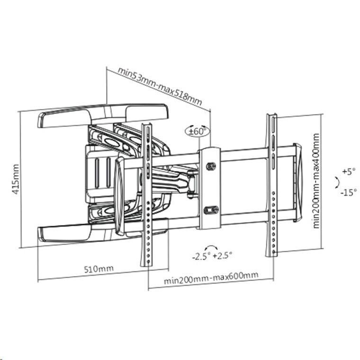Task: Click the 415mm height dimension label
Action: click(x=16, y=179)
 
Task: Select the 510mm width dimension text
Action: click(x=99, y=269)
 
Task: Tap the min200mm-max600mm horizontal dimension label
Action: click(x=211, y=278)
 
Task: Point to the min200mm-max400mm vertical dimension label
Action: click(x=316, y=181)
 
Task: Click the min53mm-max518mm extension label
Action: click(x=160, y=86)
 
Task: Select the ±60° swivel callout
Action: click(x=197, y=132)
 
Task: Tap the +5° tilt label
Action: click(x=349, y=171)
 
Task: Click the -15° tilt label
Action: click(x=349, y=192)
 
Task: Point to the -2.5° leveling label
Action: click(x=201, y=256)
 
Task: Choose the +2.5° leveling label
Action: click(x=222, y=255)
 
